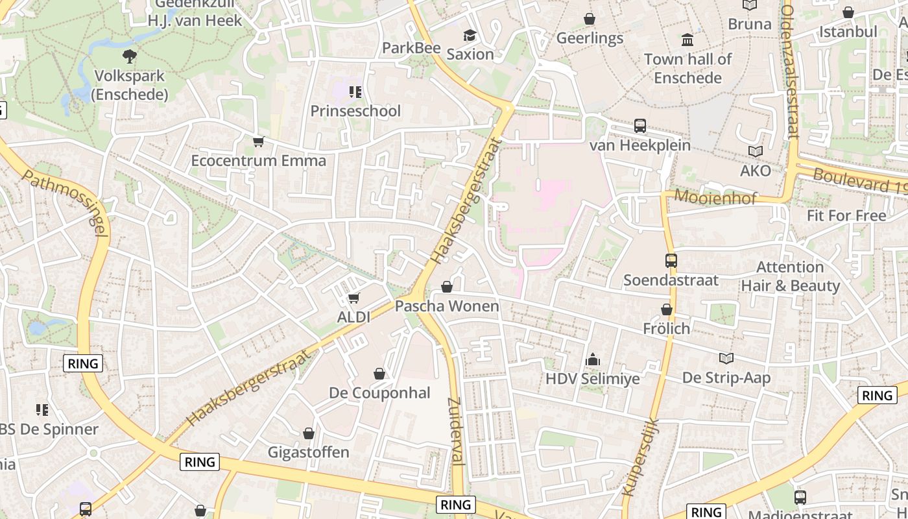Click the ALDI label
tap(353, 317)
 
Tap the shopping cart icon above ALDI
tap(353, 298)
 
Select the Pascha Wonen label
tap(447, 306)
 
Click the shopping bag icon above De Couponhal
tap(379, 374)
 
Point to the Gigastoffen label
tap(309, 452)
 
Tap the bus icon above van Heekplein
tap(640, 126)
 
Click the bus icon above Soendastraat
tap(671, 261)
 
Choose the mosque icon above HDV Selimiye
tap(593, 359)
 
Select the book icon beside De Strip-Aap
tap(726, 359)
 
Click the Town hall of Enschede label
tap(687, 68)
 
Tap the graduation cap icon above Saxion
tap(470, 36)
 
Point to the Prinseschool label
tap(355, 111)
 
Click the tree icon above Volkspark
tap(130, 56)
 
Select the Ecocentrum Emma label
tap(258, 160)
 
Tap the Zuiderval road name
tap(455, 431)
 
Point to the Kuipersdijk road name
tap(640, 457)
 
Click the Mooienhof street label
tap(715, 197)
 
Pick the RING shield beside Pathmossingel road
tap(84, 364)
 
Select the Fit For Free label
tap(846, 215)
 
